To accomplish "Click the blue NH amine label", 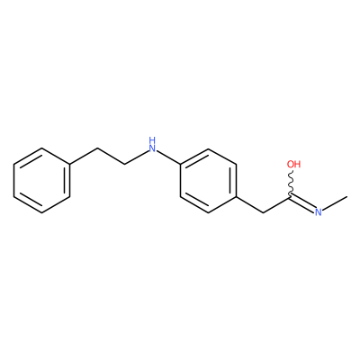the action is (x=153, y=144).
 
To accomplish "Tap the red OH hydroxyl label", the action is (x=293, y=164).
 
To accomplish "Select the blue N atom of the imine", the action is (x=319, y=212).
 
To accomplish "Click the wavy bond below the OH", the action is (x=291, y=184).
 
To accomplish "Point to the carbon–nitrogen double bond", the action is (x=302, y=202).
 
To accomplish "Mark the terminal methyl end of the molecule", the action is (x=346, y=197).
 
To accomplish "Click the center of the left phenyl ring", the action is (x=41, y=181).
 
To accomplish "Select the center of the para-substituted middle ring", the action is (x=208, y=181).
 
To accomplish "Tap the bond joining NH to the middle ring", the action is (x=169, y=157).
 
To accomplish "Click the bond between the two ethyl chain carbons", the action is (x=111, y=156).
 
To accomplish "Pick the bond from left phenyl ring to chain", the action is (x=84, y=156).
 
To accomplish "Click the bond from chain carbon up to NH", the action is (x=137, y=157).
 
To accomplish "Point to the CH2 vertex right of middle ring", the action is (x=264, y=213).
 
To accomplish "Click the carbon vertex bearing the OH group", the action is (x=291, y=197).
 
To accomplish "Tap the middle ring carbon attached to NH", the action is (x=180, y=165).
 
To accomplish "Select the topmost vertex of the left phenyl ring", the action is (x=42, y=148).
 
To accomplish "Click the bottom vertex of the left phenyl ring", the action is (x=42, y=213).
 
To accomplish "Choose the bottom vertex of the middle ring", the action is (x=208, y=213).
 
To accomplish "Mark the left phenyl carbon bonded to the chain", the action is (x=70, y=165).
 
